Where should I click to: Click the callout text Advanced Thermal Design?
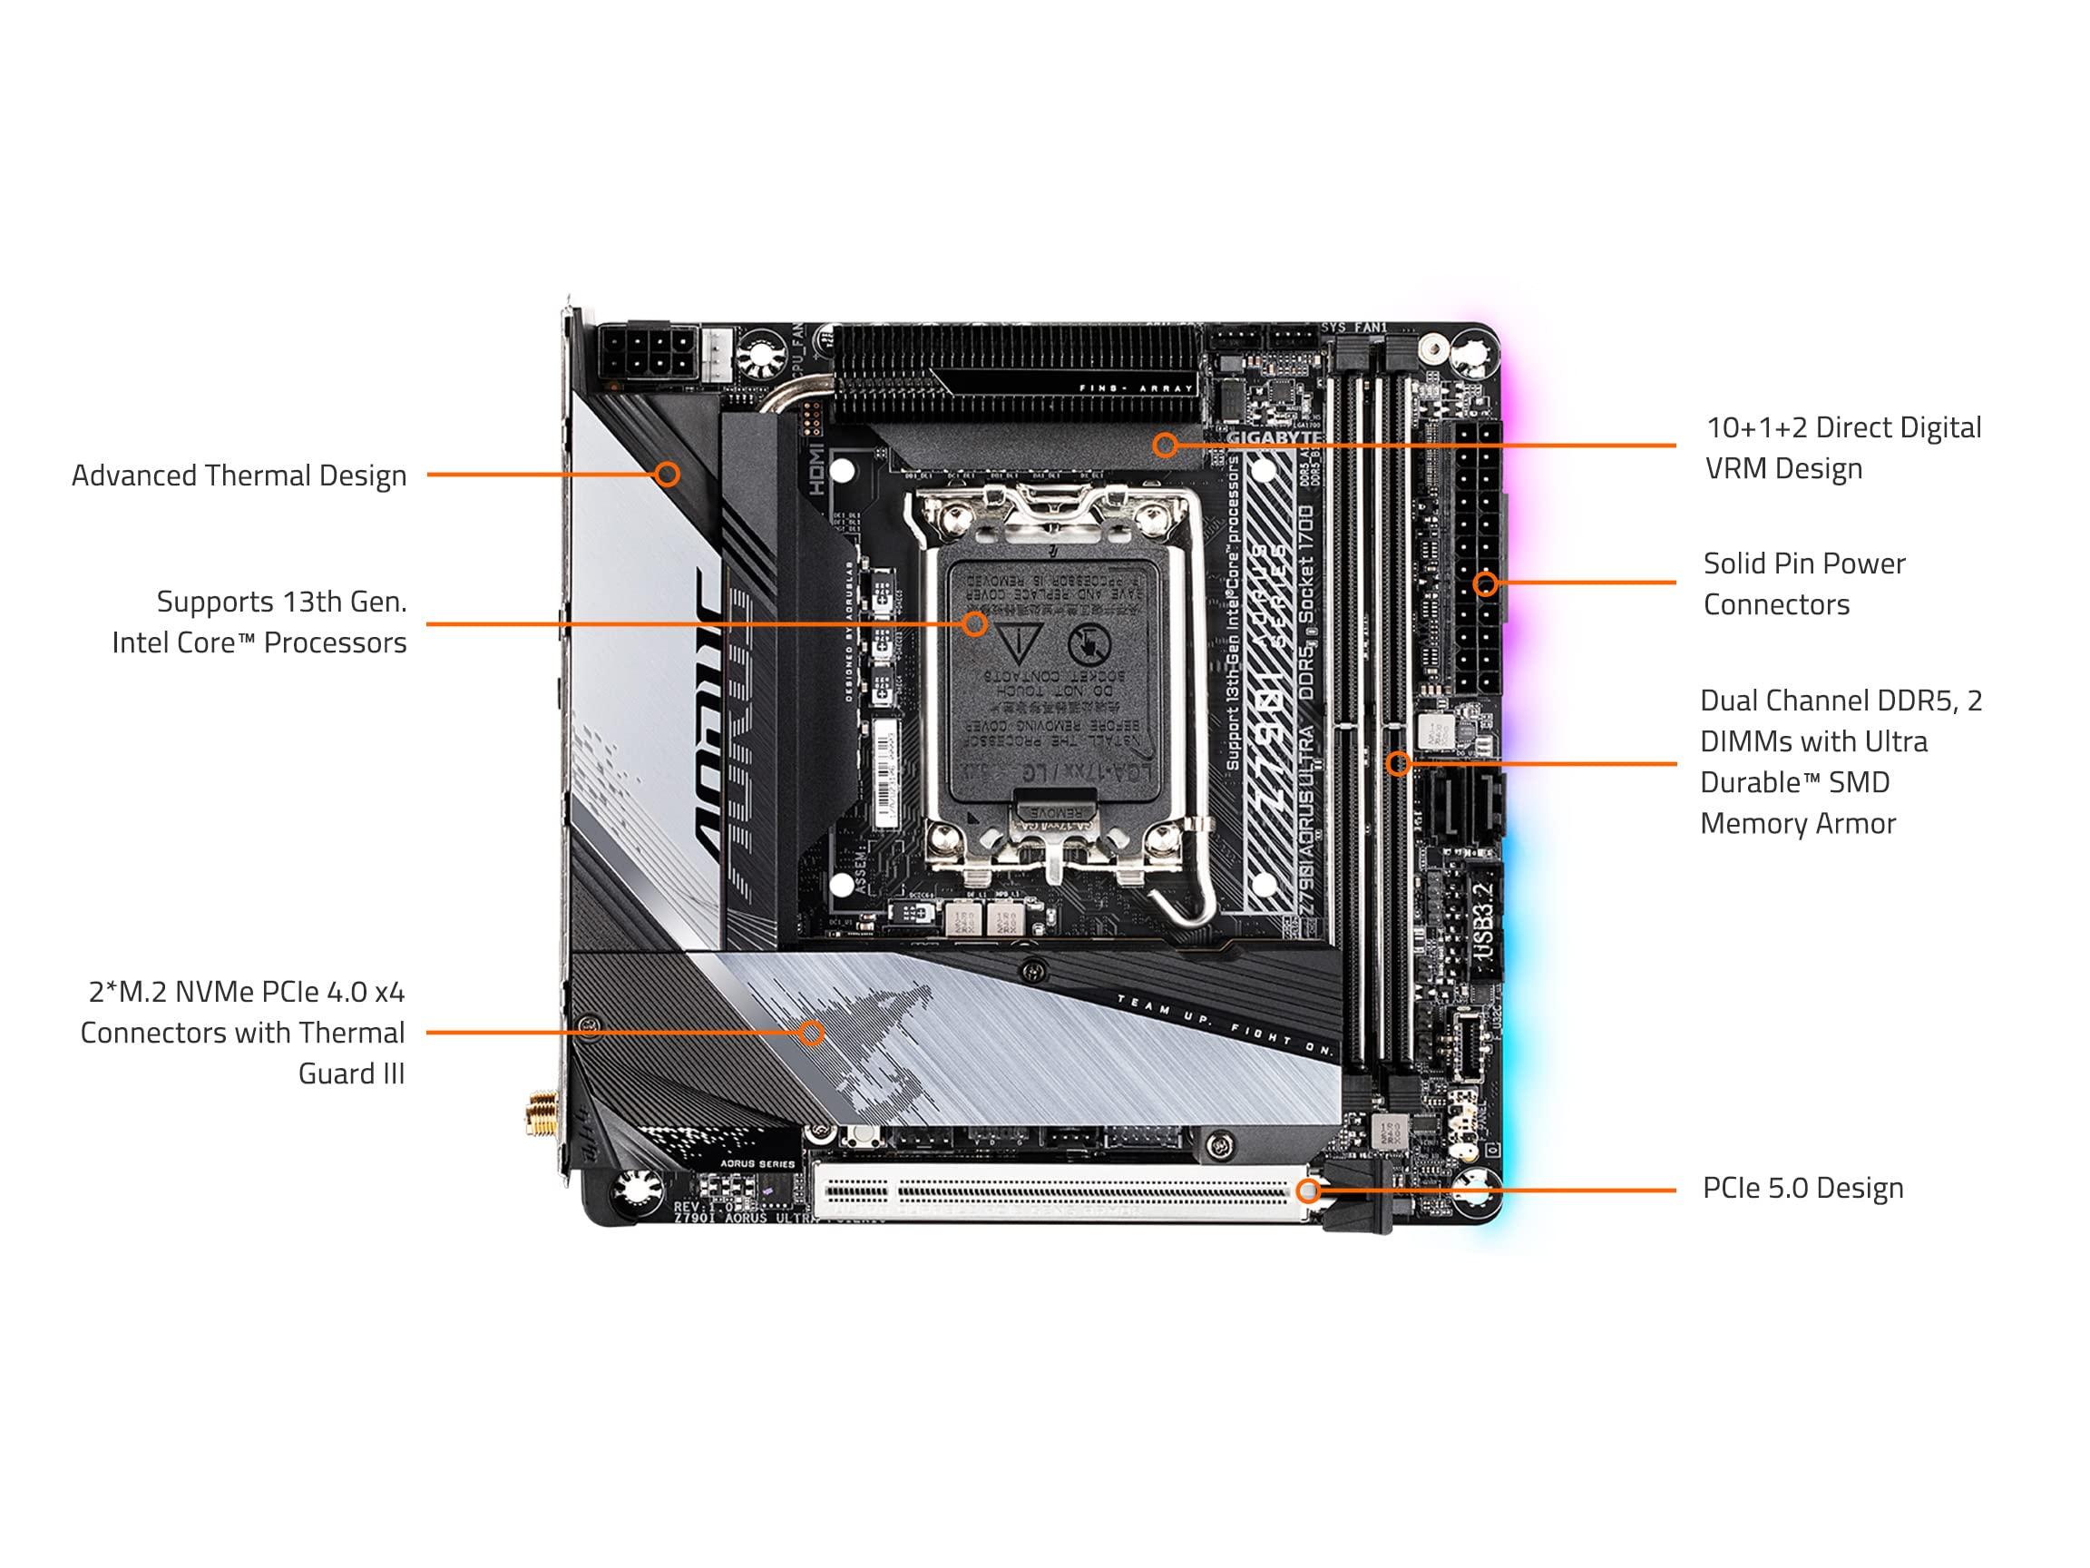coord(239,475)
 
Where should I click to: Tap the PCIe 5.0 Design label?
coord(1802,1189)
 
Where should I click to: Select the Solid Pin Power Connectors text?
coord(1802,584)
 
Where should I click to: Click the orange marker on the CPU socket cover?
coord(975,623)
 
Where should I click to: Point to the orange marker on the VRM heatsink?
coord(1165,445)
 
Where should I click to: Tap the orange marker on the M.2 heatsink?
coord(811,1032)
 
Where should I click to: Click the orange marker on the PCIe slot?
coord(1308,1191)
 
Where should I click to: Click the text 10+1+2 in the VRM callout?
coord(1756,428)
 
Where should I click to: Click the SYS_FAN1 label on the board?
coord(1353,328)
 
